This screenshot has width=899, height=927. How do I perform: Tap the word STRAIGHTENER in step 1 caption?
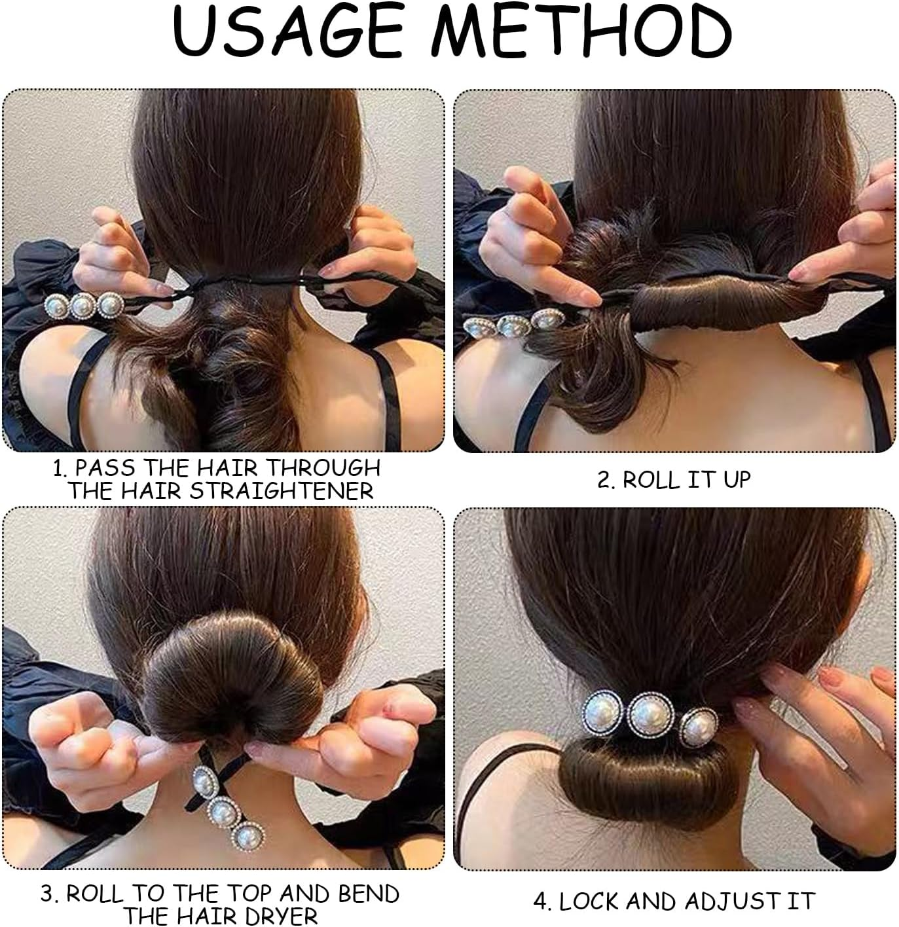[x=281, y=491]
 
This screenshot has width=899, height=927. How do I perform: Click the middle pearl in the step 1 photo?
[x=83, y=305]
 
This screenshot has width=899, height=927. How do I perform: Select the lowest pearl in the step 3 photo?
[x=248, y=836]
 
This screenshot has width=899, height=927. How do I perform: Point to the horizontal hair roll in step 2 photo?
[x=728, y=305]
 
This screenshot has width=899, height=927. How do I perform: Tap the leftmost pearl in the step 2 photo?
[x=479, y=328]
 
